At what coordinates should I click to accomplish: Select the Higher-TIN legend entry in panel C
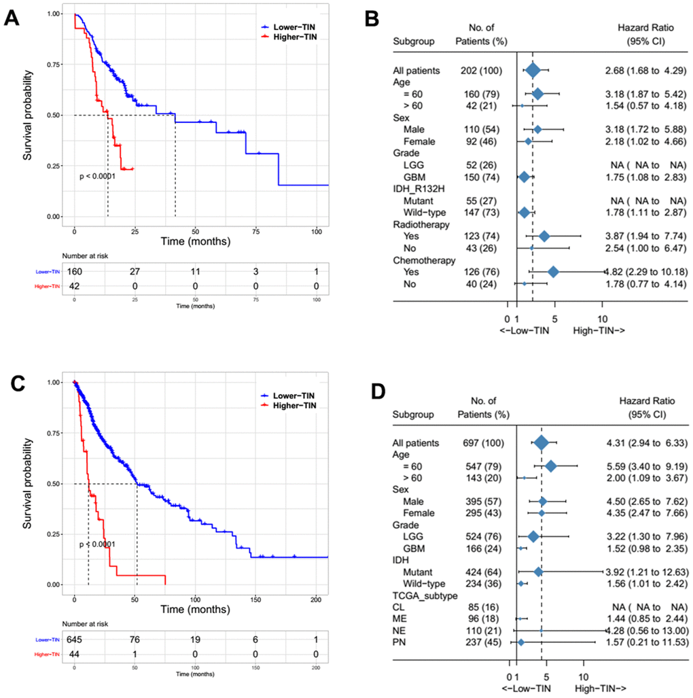pyautogui.click(x=289, y=406)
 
